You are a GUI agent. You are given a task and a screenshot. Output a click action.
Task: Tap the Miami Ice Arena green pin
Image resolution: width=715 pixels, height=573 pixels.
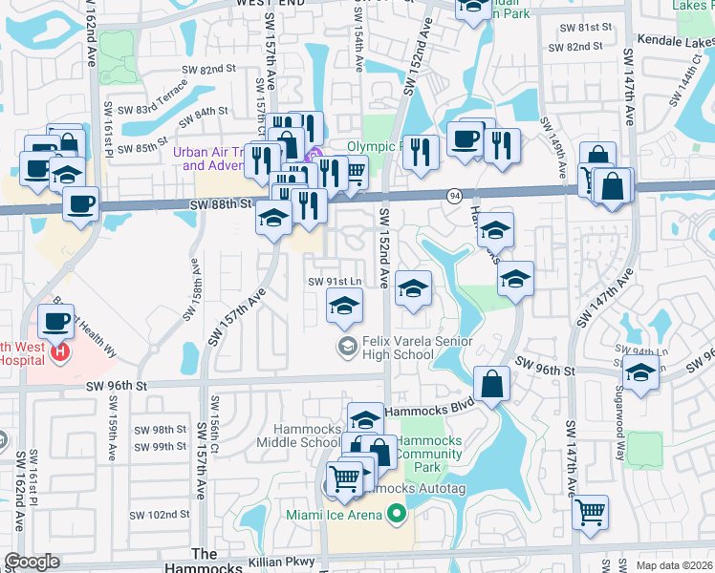396,515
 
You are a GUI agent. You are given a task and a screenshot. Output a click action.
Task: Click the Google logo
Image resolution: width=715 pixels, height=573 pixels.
32,562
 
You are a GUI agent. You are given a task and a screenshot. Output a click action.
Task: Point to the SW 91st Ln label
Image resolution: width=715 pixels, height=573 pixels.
335,281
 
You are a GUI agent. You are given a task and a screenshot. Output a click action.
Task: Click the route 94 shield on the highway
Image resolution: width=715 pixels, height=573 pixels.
454,195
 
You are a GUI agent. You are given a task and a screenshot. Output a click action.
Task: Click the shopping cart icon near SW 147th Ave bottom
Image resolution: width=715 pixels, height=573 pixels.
591,511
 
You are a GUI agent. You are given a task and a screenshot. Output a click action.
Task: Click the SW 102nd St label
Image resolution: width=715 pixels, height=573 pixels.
162,515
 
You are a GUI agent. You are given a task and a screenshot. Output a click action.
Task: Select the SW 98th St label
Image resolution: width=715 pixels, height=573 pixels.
160,430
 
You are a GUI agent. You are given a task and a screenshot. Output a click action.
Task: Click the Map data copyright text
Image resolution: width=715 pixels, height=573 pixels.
674,565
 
